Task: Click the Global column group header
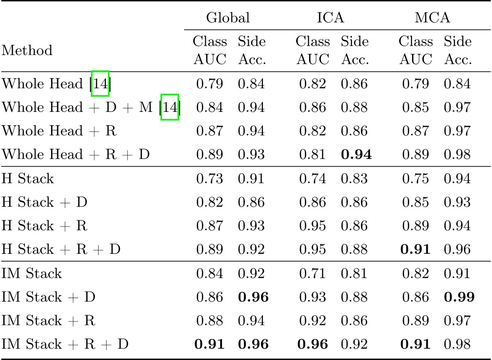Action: [x=228, y=18]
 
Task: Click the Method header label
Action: [x=27, y=50]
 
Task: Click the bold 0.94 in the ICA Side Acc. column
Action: [x=355, y=155]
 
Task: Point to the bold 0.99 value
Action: [x=458, y=297]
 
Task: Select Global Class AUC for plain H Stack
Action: [x=210, y=179]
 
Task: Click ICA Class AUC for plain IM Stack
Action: [x=313, y=274]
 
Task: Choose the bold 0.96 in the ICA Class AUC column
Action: [x=313, y=344]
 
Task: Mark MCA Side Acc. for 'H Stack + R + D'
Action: [x=458, y=250]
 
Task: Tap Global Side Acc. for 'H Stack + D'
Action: [x=251, y=202]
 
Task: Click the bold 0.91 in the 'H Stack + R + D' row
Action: [x=416, y=250]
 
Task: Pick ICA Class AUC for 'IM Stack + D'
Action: [x=313, y=297]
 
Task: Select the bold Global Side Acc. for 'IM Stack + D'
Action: [x=252, y=297]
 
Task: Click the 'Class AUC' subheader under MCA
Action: [x=416, y=50]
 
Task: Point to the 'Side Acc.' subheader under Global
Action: [x=251, y=50]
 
